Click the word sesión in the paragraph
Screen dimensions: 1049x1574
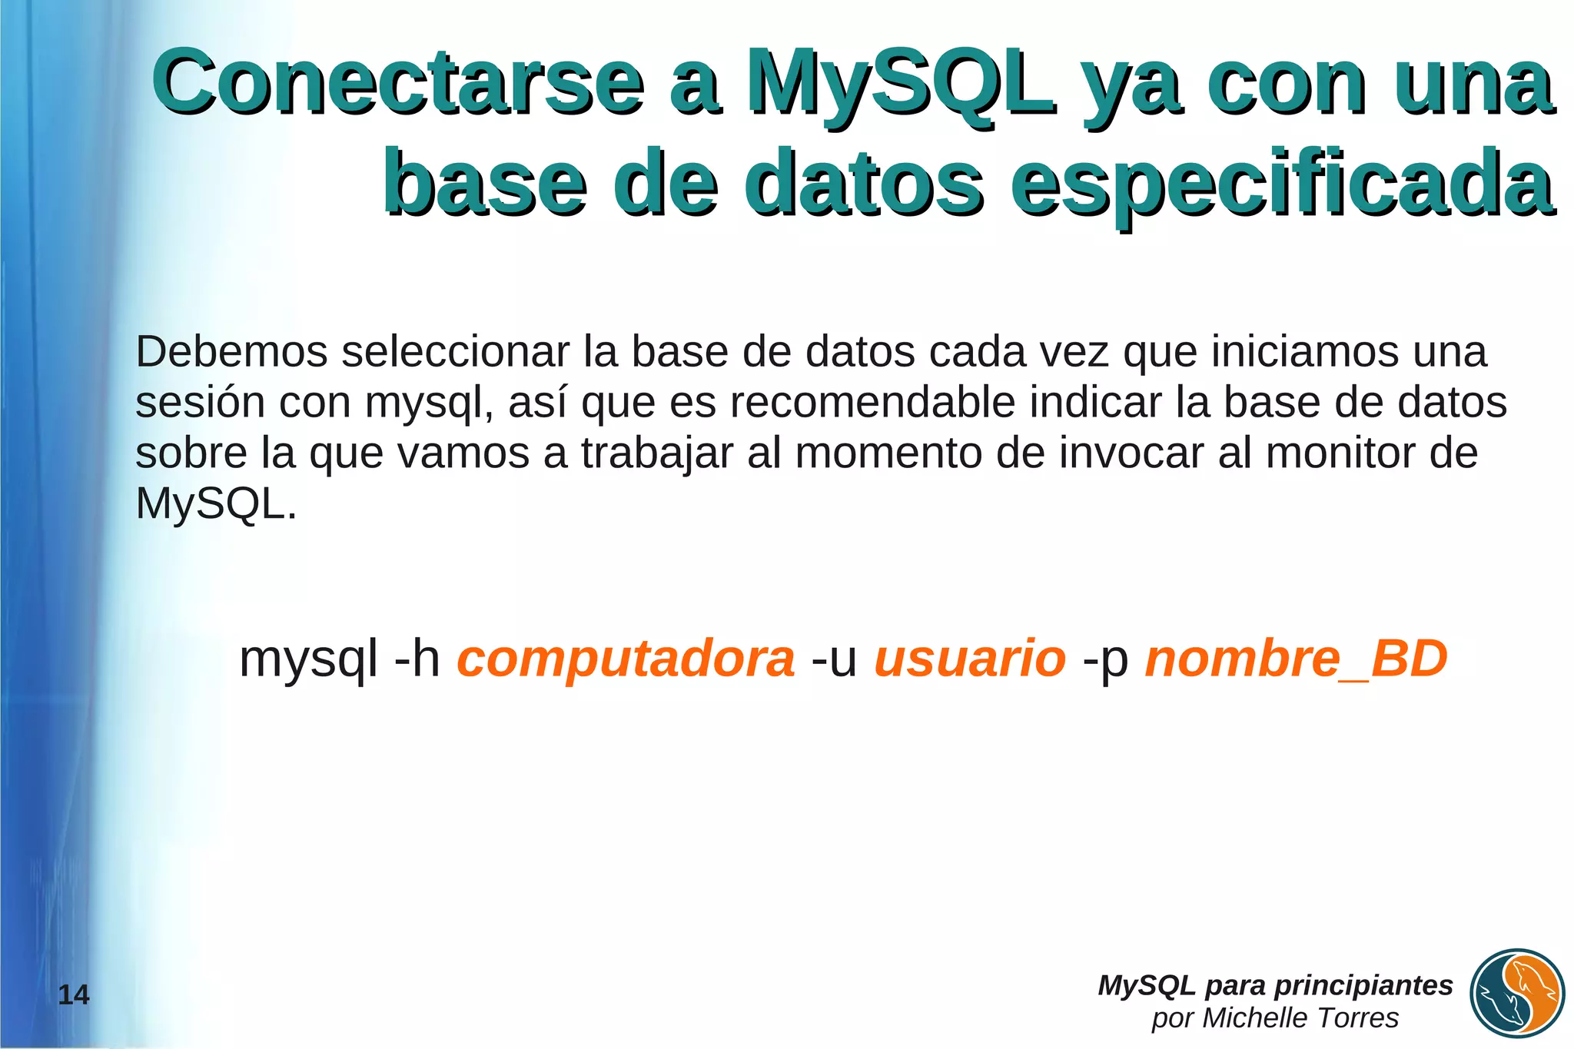[200, 403]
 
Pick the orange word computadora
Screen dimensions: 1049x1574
[626, 659]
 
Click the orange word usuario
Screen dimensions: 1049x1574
[970, 659]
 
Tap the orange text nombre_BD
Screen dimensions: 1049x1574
[1296, 659]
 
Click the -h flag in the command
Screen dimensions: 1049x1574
[417, 659]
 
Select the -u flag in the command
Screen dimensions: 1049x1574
[834, 659]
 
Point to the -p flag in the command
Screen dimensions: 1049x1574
[1105, 659]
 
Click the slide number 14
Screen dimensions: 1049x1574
[74, 995]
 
